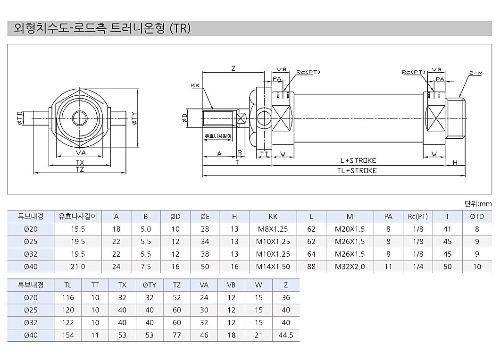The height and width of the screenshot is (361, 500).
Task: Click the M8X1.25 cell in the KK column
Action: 273,229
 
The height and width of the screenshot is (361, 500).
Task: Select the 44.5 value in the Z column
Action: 286,335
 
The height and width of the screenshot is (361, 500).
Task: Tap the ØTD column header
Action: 477,217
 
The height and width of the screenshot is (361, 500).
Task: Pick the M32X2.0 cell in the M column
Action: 350,267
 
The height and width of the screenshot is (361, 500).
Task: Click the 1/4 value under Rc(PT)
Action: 418,267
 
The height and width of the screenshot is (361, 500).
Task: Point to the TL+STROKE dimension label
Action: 357,171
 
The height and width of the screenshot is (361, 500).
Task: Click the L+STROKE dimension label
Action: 358,160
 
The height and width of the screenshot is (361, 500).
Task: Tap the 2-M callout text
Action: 476,73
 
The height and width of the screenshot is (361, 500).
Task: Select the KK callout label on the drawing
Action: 195,85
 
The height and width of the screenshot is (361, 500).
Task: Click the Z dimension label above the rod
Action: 233,68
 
